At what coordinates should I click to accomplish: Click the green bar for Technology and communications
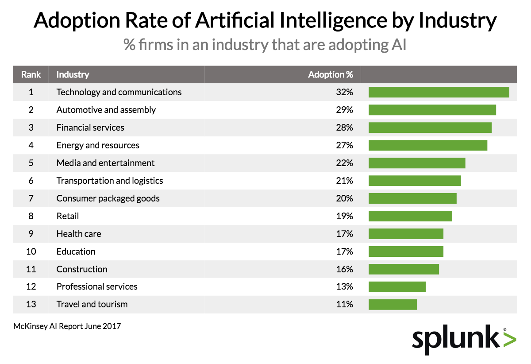[439, 92]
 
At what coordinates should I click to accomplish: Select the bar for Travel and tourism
[392, 305]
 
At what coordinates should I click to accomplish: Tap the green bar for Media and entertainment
[417, 163]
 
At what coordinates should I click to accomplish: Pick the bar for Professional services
[397, 287]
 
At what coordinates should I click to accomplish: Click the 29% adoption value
[344, 110]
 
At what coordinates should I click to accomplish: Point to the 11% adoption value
[344, 305]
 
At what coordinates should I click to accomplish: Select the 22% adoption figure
[344, 163]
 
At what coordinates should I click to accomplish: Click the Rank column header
[31, 74]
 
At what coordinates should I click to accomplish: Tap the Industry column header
[73, 74]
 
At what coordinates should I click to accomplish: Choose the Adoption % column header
[330, 74]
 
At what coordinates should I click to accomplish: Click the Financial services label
[90, 128]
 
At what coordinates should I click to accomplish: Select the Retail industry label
[68, 216]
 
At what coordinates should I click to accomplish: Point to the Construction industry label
[82, 269]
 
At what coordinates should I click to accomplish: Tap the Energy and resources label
[98, 145]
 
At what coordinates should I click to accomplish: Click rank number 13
[31, 305]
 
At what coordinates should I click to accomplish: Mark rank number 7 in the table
[31, 198]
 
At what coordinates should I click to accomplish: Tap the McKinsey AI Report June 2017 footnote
[67, 326]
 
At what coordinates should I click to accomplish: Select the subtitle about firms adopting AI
[265, 45]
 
